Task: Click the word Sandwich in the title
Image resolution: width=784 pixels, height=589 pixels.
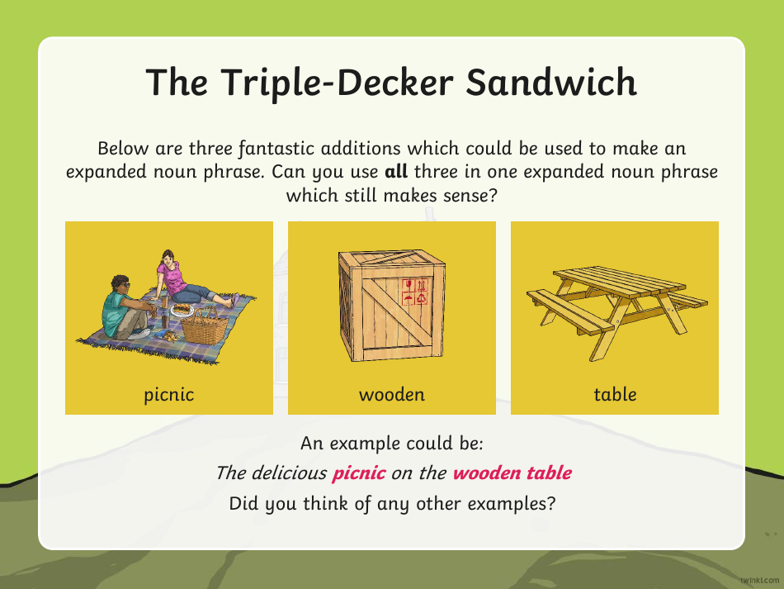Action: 551,82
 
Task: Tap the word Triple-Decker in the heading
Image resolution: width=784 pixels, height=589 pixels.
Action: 337,83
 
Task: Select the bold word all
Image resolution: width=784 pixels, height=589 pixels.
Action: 396,171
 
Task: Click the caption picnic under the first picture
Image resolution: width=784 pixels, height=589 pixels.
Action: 169,394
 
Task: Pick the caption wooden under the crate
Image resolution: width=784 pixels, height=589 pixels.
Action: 392,394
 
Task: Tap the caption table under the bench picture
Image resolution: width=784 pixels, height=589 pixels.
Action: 615,394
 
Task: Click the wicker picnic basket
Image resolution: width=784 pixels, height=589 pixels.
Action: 205,326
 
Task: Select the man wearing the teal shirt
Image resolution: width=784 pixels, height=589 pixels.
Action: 129,307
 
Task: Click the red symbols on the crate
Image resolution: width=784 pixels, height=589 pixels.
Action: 415,292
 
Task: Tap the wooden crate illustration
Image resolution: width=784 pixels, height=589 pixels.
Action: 391,306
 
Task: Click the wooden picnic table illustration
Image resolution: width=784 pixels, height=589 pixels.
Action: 617,312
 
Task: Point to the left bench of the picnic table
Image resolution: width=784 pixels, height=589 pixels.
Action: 570,311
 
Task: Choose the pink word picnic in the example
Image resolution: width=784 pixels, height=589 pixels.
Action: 359,473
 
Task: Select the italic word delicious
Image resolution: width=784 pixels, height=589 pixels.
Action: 289,473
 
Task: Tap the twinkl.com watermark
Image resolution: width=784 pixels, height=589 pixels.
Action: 759,580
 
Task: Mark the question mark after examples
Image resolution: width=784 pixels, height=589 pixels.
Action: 551,503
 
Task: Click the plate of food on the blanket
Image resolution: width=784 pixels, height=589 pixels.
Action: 182,310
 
